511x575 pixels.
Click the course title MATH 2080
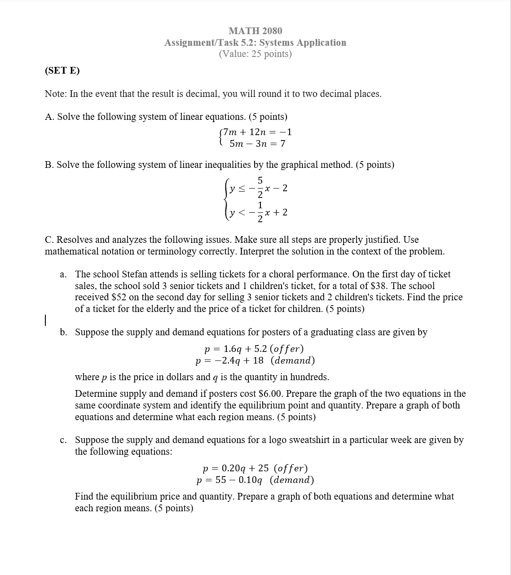point(255,31)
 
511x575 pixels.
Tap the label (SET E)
point(62,70)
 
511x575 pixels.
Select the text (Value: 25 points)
point(255,54)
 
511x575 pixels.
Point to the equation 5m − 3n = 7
point(257,144)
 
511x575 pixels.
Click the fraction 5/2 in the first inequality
point(260,187)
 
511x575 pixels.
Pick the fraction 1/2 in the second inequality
point(260,212)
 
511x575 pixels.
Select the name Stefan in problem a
point(134,274)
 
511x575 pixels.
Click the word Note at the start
point(55,94)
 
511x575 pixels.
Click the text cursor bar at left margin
point(45,320)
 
